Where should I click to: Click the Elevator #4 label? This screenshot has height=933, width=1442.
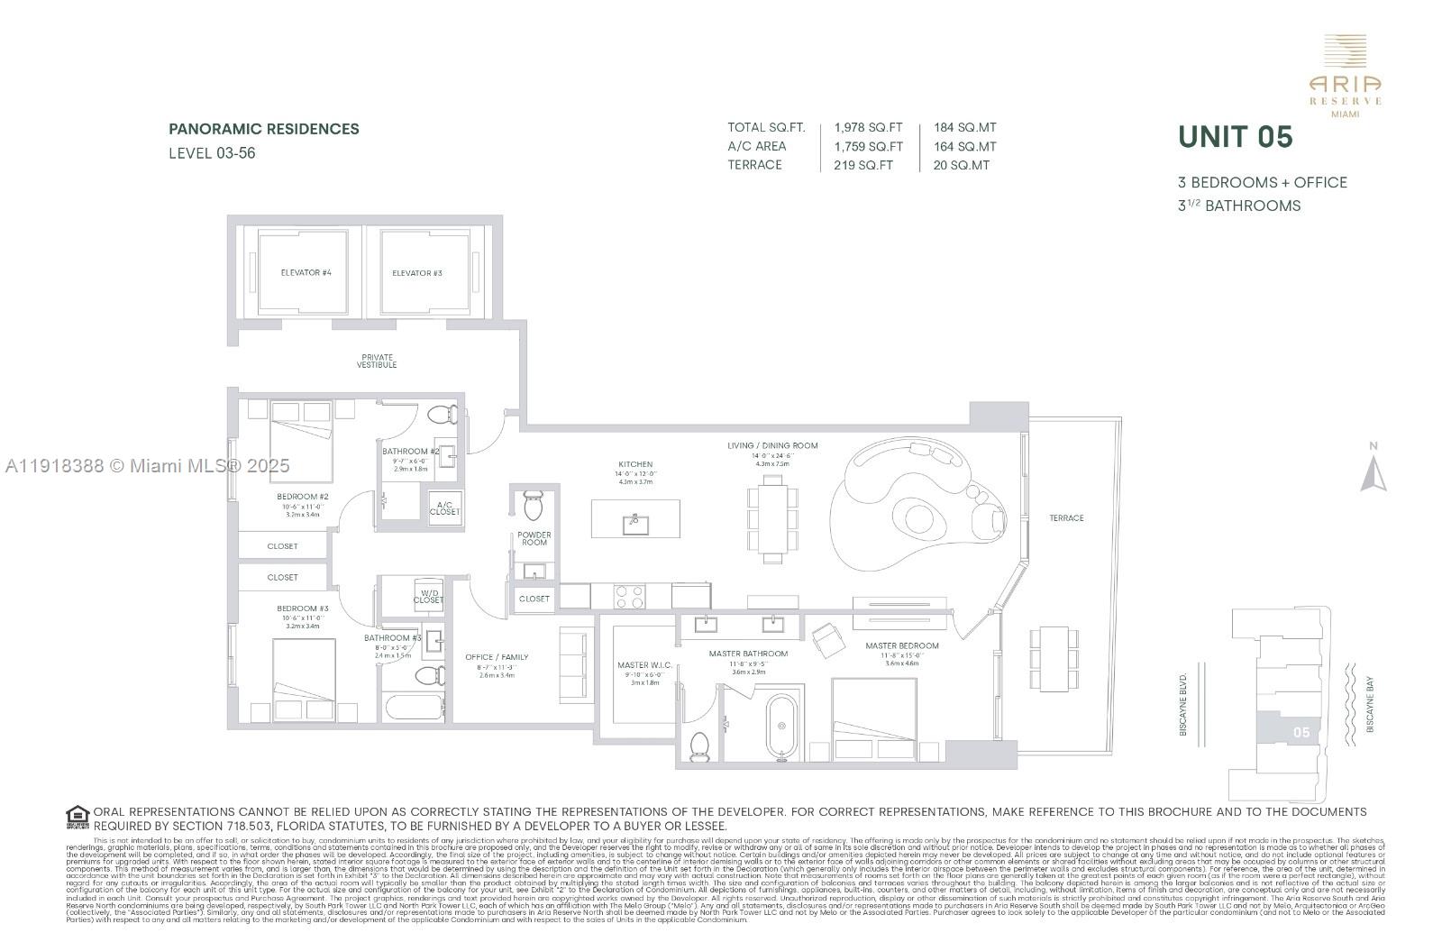point(306,272)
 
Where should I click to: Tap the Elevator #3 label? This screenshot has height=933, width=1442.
point(416,272)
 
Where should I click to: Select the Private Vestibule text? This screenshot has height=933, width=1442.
point(377,361)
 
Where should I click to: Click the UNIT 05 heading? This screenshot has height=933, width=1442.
point(1236,138)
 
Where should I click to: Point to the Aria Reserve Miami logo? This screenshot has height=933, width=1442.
point(1345,77)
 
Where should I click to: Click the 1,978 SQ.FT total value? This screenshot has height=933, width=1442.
point(868,128)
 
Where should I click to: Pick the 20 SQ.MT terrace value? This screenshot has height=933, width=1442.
point(962,165)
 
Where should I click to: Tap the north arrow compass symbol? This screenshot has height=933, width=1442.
point(1373,471)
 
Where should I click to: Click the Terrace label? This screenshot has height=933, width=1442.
point(1066,518)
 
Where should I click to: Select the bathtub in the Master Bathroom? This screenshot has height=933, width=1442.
point(781,727)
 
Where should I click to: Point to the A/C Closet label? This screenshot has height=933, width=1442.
point(444,508)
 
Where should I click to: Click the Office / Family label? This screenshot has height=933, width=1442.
point(497,657)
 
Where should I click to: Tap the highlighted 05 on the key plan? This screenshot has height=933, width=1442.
point(1301,732)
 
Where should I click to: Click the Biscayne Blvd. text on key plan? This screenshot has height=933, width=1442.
point(1183,703)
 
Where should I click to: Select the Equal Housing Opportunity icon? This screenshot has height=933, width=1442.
point(78,818)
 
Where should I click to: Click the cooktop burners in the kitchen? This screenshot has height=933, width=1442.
point(629,596)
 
